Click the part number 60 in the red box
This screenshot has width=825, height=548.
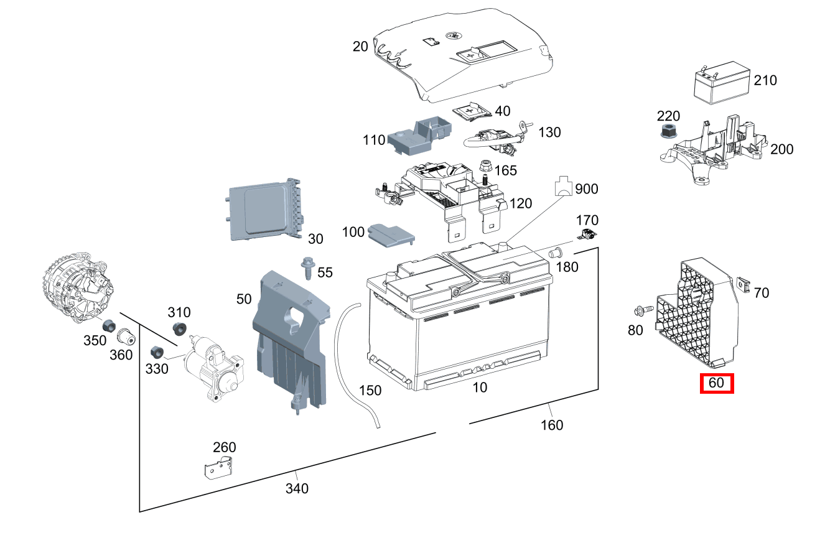717,383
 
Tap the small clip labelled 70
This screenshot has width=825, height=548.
743,283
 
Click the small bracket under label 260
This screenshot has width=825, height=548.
218,467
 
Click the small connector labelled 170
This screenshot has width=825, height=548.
587,235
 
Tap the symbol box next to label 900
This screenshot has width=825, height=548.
563,185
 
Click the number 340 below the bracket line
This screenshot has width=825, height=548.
297,488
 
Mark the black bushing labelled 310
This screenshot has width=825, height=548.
179,329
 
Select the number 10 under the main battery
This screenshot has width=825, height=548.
480,388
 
